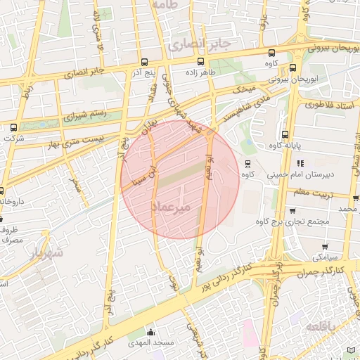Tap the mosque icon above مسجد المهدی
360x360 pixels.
pyautogui.click(x=149, y=332)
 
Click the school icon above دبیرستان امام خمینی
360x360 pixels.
pyautogui.click(x=300, y=162)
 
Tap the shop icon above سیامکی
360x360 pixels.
pyautogui.click(x=325, y=246)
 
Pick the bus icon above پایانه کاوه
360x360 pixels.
pyautogui.click(x=285, y=134)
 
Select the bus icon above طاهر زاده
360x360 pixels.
pyautogui.click(x=201, y=61)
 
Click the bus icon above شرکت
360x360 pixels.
pyautogui.click(x=13, y=127)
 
